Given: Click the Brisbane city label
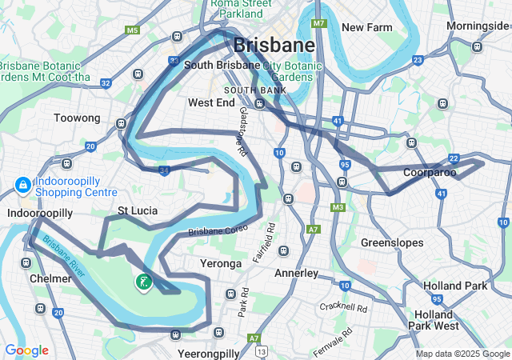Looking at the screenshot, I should [x=273, y=45].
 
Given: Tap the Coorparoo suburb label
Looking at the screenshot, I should [x=430, y=172].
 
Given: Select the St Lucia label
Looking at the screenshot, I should [x=138, y=211].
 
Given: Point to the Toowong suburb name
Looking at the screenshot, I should [x=77, y=118].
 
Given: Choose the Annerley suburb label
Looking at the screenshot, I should [x=296, y=273].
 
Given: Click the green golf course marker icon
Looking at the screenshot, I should [x=143, y=282].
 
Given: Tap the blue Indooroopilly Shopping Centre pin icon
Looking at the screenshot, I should [x=22, y=186].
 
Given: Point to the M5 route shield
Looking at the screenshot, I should [x=132, y=30].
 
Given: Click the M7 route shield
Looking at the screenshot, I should [x=319, y=23].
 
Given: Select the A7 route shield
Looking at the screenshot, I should [x=313, y=229].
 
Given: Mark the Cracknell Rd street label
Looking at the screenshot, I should [x=342, y=307].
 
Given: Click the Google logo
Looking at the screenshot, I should [x=26, y=350].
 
